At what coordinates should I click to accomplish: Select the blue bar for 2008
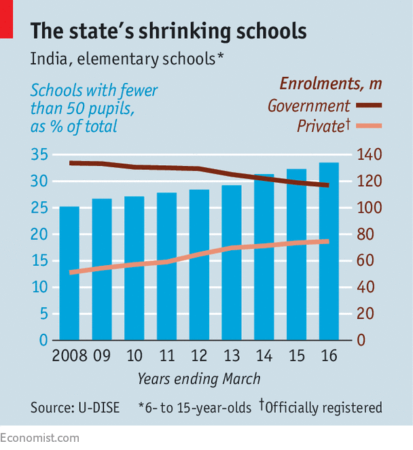(69, 273)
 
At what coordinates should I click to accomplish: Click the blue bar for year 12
(199, 265)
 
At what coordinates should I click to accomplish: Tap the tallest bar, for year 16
(329, 252)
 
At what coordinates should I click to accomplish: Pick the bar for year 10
(134, 269)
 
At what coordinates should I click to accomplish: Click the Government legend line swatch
(369, 105)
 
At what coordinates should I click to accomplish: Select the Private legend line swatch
(369, 126)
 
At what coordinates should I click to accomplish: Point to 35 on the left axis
(39, 154)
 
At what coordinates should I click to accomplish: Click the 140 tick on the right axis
(370, 154)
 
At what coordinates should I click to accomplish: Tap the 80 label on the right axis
(365, 235)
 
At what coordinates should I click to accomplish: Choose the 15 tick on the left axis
(39, 260)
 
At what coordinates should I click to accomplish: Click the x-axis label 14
(264, 356)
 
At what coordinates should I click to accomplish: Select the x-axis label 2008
(70, 356)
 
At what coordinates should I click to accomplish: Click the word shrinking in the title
(185, 31)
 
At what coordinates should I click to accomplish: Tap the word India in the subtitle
(49, 59)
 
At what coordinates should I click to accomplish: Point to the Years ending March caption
(199, 379)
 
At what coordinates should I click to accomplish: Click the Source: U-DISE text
(75, 408)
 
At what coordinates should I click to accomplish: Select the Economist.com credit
(39, 438)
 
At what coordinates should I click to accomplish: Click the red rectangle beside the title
(6, 19)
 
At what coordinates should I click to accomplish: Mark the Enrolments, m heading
(331, 84)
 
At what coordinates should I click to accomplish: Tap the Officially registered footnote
(321, 407)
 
